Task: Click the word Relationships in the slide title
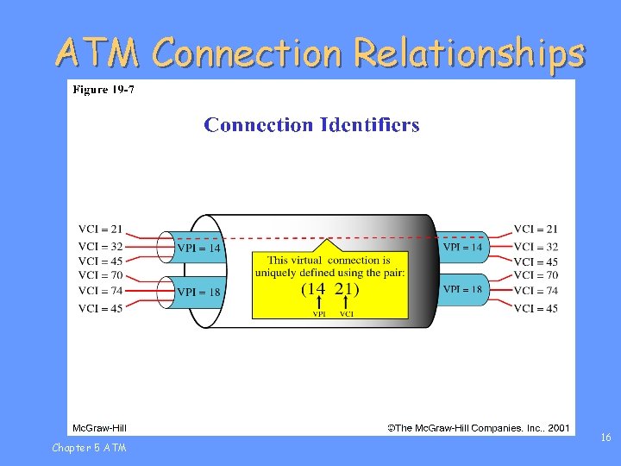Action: [x=469, y=54]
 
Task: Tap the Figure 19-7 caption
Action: [x=103, y=90]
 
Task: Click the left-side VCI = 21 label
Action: [x=100, y=230]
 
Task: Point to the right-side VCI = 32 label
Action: [x=536, y=246]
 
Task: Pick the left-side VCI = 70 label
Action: [x=100, y=276]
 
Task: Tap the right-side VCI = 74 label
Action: [x=536, y=292]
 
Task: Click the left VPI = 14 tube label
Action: [x=198, y=249]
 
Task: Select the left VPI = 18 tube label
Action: [x=198, y=293]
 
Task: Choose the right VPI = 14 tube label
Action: [x=462, y=247]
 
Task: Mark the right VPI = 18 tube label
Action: [x=462, y=290]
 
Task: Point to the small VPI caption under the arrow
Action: [x=319, y=314]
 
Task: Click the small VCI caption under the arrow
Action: [x=346, y=314]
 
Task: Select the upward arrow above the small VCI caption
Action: [x=346, y=304]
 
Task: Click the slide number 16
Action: [x=605, y=438]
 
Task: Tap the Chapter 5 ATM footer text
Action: [x=89, y=447]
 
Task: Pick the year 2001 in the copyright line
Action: [x=558, y=427]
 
